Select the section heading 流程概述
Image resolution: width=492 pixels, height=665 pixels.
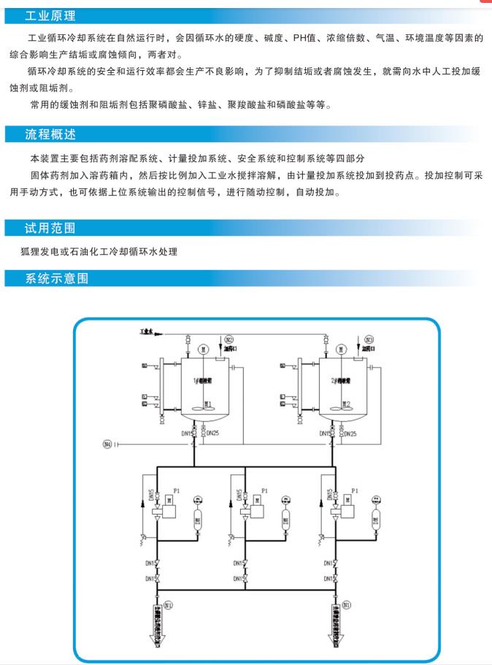tap(50, 135)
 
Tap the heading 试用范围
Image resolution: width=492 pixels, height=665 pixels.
tap(50, 228)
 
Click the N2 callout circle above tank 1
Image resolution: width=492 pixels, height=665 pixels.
tap(228, 339)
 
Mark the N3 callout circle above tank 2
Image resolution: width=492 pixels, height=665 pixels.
tap(369, 339)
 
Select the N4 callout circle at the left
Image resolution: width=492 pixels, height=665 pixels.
tap(108, 442)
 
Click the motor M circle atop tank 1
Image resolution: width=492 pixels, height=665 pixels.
tap(205, 348)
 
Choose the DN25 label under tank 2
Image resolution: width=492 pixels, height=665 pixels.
tap(350, 434)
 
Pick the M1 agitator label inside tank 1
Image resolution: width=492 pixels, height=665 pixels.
tap(208, 404)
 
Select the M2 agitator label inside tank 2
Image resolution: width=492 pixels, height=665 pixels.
tap(350, 404)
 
